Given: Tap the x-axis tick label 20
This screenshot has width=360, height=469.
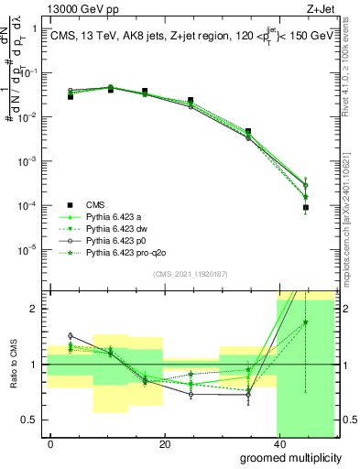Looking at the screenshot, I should point(164,443).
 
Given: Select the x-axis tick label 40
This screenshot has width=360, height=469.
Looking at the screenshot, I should point(278,443).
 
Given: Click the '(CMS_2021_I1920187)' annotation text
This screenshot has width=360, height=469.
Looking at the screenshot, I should point(190,274).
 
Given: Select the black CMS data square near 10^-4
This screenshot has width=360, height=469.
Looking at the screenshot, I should point(305,208).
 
